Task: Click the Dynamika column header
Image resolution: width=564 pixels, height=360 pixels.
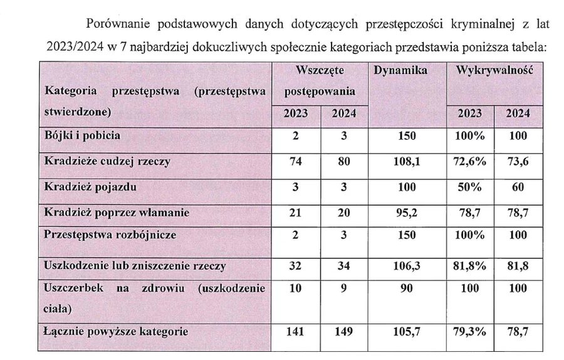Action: pyautogui.click(x=400, y=71)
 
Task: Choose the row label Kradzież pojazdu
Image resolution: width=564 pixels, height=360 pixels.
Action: pyautogui.click(x=90, y=187)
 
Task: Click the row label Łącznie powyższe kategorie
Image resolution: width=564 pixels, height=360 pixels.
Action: pyautogui.click(x=117, y=331)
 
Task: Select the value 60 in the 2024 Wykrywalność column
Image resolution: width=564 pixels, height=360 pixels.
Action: pyautogui.click(x=518, y=187)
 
